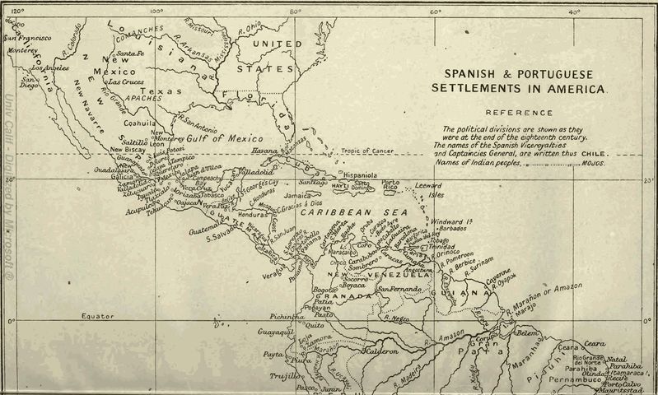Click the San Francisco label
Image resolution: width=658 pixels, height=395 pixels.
(28, 38)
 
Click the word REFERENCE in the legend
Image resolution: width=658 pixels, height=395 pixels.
(518, 113)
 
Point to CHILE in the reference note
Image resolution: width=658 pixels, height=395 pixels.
(594, 153)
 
